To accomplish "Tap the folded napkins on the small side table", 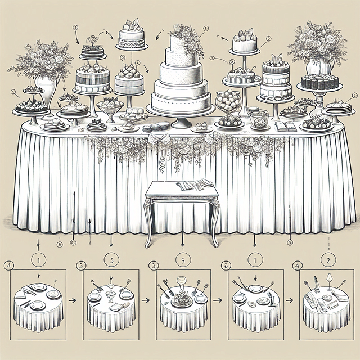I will (x=193, y=184).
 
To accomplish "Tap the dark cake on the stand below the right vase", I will (x=319, y=82).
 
